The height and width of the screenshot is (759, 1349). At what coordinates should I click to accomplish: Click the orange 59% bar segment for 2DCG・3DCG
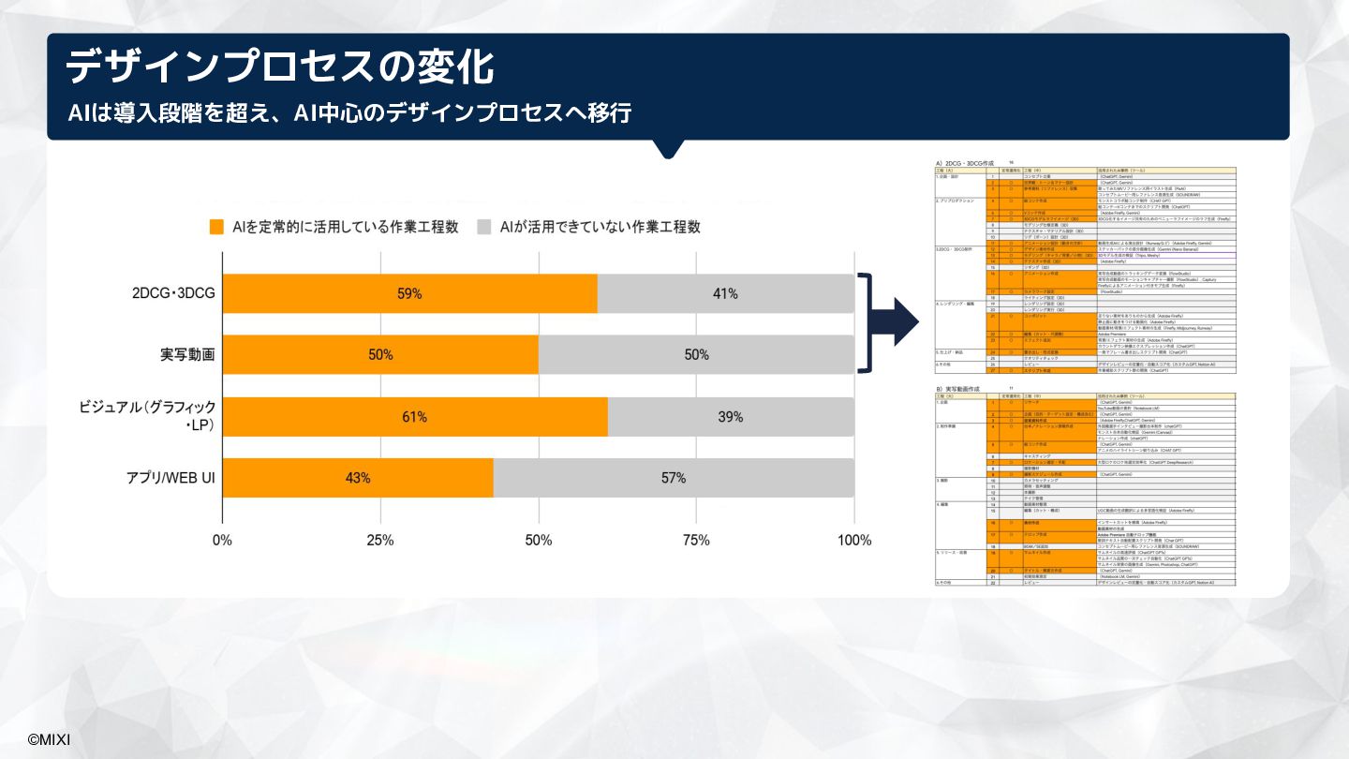[x=409, y=293]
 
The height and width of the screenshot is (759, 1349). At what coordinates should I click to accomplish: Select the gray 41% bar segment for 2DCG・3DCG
[x=725, y=293]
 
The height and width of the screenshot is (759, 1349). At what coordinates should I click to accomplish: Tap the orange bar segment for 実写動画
[x=380, y=354]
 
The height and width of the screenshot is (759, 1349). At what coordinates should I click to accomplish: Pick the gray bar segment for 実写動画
[x=696, y=354]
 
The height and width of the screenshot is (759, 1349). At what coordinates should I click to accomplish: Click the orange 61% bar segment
[x=415, y=416]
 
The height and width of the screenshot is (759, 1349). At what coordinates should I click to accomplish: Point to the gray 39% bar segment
[x=731, y=416]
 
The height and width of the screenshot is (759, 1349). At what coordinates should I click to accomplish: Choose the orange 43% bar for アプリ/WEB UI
[x=358, y=478]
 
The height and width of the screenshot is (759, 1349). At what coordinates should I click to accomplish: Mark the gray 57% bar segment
[x=673, y=478]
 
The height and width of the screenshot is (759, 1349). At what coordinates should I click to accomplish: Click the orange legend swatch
[x=216, y=227]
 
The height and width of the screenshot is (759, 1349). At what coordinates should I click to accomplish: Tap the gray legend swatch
[x=484, y=227]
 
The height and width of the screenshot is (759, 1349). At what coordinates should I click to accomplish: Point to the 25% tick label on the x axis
[x=380, y=540]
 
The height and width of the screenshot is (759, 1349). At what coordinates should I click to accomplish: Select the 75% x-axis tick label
[x=696, y=540]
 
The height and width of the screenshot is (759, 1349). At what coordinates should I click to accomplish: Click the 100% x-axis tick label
[x=853, y=540]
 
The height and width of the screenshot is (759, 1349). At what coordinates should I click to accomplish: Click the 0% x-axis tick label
[x=222, y=540]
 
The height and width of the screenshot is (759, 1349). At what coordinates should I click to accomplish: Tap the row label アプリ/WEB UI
[x=171, y=478]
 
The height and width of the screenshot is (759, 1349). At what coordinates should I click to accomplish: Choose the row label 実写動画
[x=187, y=355]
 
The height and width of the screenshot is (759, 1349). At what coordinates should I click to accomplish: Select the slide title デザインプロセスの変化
[x=280, y=67]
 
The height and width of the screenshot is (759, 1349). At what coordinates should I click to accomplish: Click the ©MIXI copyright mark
[x=48, y=739]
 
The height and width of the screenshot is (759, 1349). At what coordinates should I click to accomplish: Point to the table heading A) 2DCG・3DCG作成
[x=964, y=163]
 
